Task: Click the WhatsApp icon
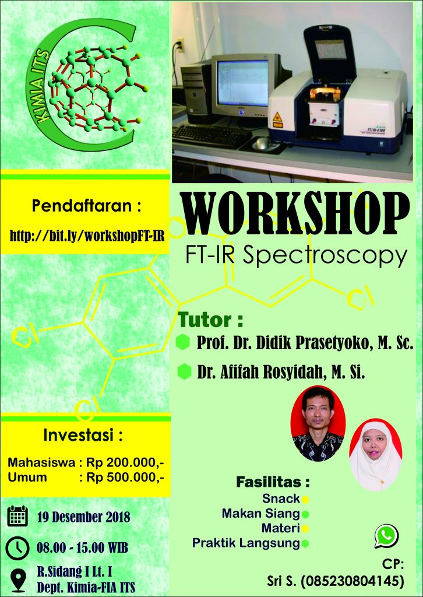(x=386, y=536)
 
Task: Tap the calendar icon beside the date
(x=17, y=517)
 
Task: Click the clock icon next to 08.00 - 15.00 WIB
(x=17, y=548)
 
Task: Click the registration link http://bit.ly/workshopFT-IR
(x=87, y=236)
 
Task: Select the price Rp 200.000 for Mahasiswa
(x=125, y=463)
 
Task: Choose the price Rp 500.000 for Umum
(x=125, y=477)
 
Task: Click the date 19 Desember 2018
(x=84, y=517)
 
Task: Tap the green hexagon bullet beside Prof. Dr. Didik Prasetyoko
(x=183, y=342)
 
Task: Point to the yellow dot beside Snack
(x=305, y=499)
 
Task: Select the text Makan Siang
(x=261, y=514)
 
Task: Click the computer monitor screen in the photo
(x=243, y=83)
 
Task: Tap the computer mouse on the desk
(x=262, y=143)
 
